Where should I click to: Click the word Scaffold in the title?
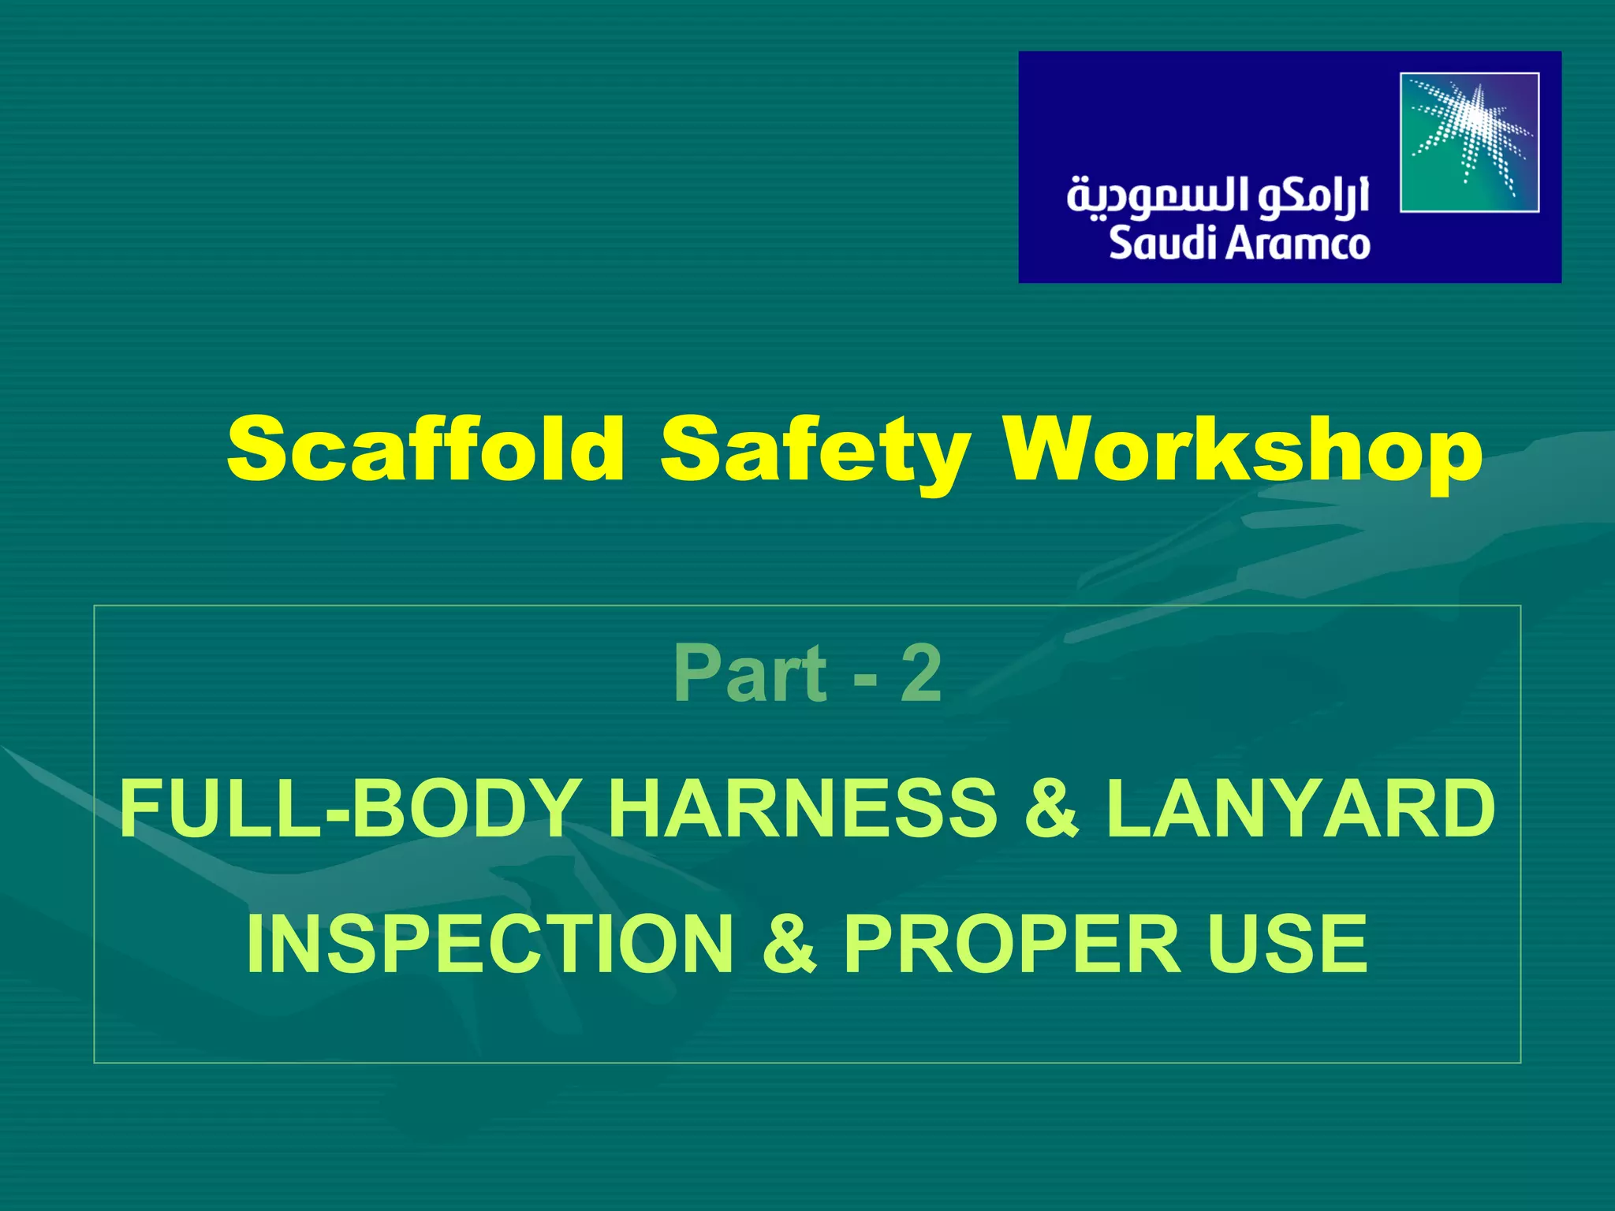pos(426,449)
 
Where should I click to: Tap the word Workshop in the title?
pos(1243,449)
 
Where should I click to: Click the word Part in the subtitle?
pos(750,673)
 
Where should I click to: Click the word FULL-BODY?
pos(351,809)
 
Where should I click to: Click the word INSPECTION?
pos(490,944)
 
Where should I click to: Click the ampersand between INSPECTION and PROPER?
pos(789,944)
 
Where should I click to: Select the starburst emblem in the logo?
pos(1469,143)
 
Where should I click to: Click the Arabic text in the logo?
pos(1218,197)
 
